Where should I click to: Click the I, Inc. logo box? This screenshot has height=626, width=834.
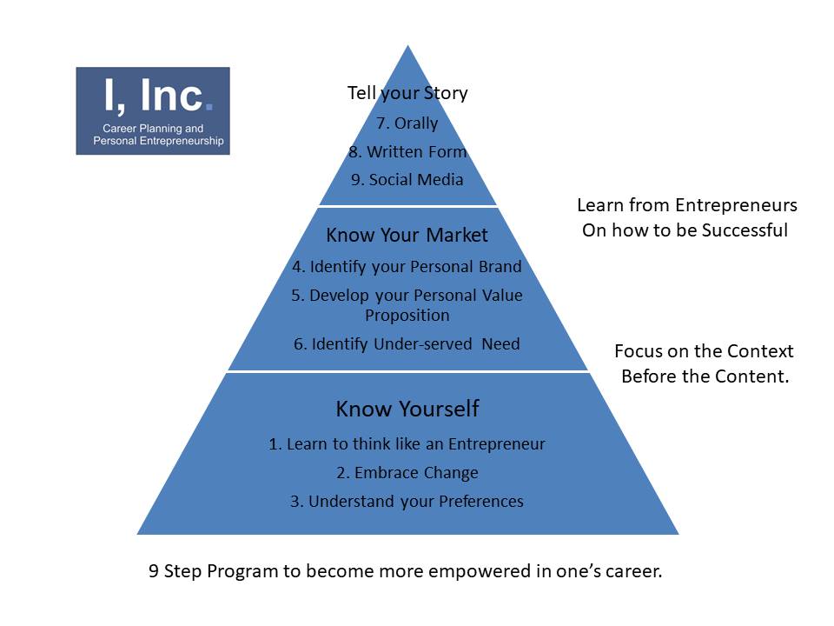(x=153, y=110)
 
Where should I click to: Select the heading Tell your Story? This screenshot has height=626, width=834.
(x=407, y=93)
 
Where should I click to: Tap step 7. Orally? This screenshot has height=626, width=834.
(x=407, y=123)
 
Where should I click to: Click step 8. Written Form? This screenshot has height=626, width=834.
(x=407, y=151)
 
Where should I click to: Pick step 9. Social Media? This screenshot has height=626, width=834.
(x=407, y=180)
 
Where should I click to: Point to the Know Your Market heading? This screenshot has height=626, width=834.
(x=407, y=236)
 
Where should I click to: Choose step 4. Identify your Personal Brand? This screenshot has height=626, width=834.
(x=407, y=267)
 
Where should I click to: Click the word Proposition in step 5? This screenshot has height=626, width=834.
(x=407, y=316)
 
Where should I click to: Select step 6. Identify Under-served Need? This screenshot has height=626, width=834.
(x=407, y=344)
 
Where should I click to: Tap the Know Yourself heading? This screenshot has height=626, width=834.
(x=407, y=409)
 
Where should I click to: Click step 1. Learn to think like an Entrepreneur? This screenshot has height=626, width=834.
(x=407, y=444)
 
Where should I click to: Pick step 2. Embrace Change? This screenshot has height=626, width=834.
(x=407, y=473)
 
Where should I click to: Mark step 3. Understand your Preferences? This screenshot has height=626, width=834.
(x=407, y=502)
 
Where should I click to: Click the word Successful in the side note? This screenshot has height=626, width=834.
(x=745, y=230)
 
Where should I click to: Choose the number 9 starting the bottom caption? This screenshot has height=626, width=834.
(x=154, y=571)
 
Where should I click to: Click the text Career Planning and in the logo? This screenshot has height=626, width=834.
(x=153, y=129)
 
